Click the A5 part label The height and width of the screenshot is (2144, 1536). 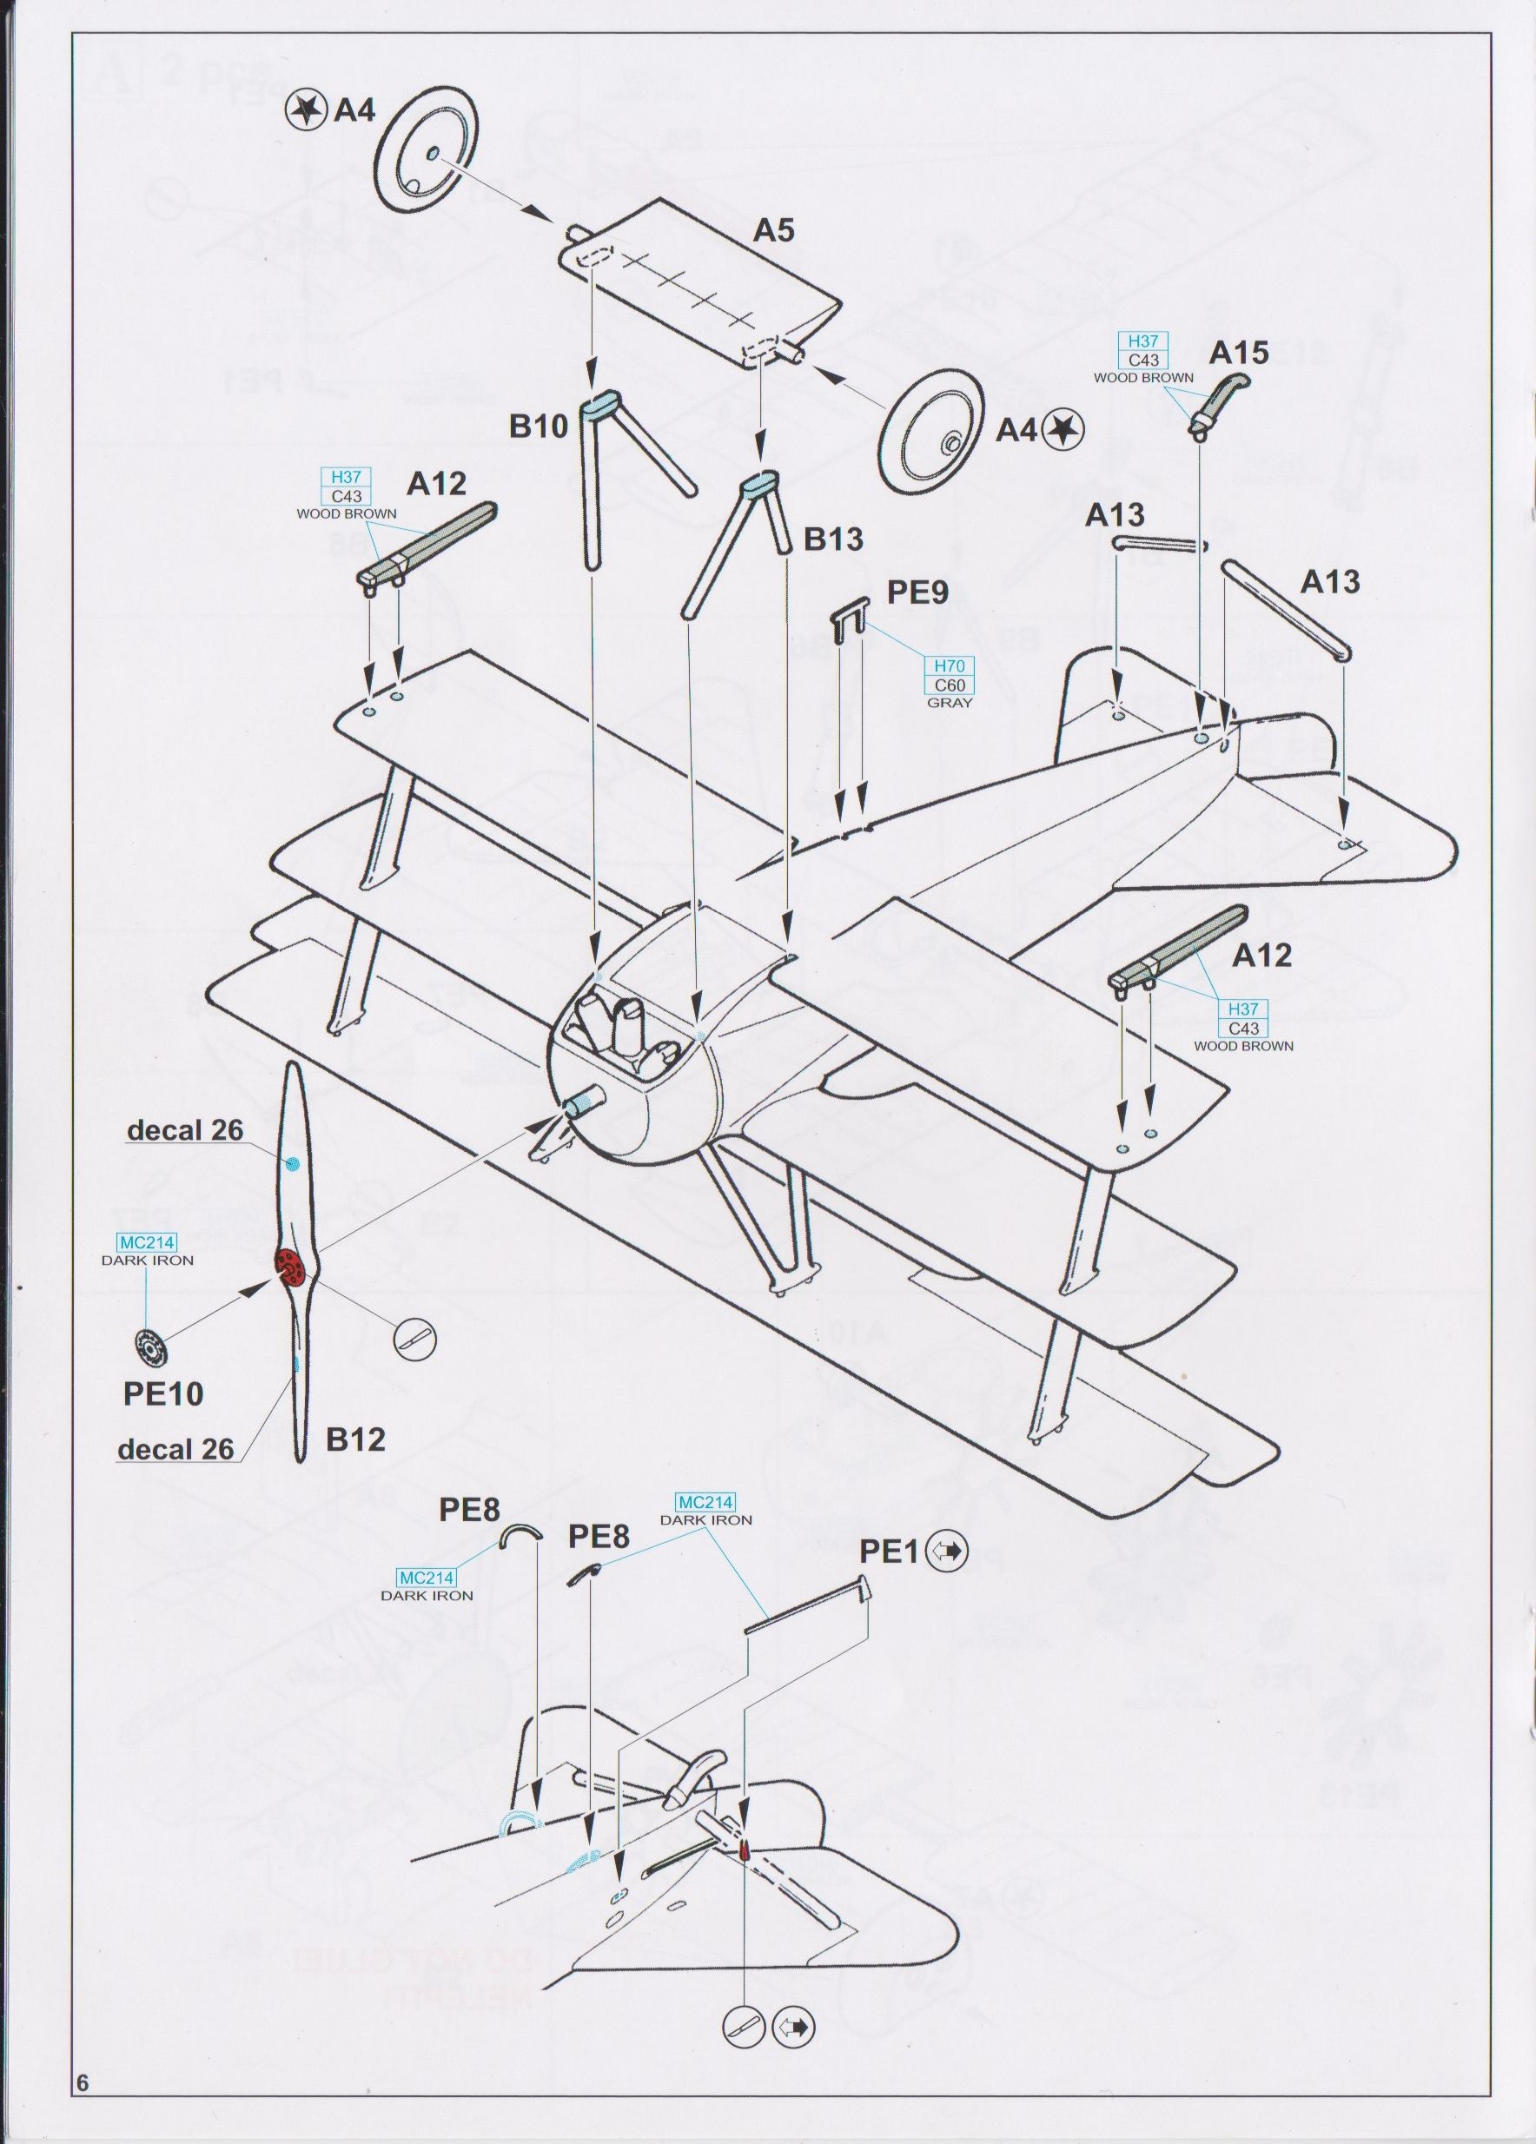[x=773, y=232]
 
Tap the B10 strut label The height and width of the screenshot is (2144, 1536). [x=539, y=427]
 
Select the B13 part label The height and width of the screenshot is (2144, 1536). [x=833, y=539]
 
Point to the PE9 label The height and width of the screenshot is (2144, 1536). [x=916, y=593]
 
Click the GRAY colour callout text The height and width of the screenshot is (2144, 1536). [x=950, y=704]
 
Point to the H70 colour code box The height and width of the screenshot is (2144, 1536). [x=950, y=666]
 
